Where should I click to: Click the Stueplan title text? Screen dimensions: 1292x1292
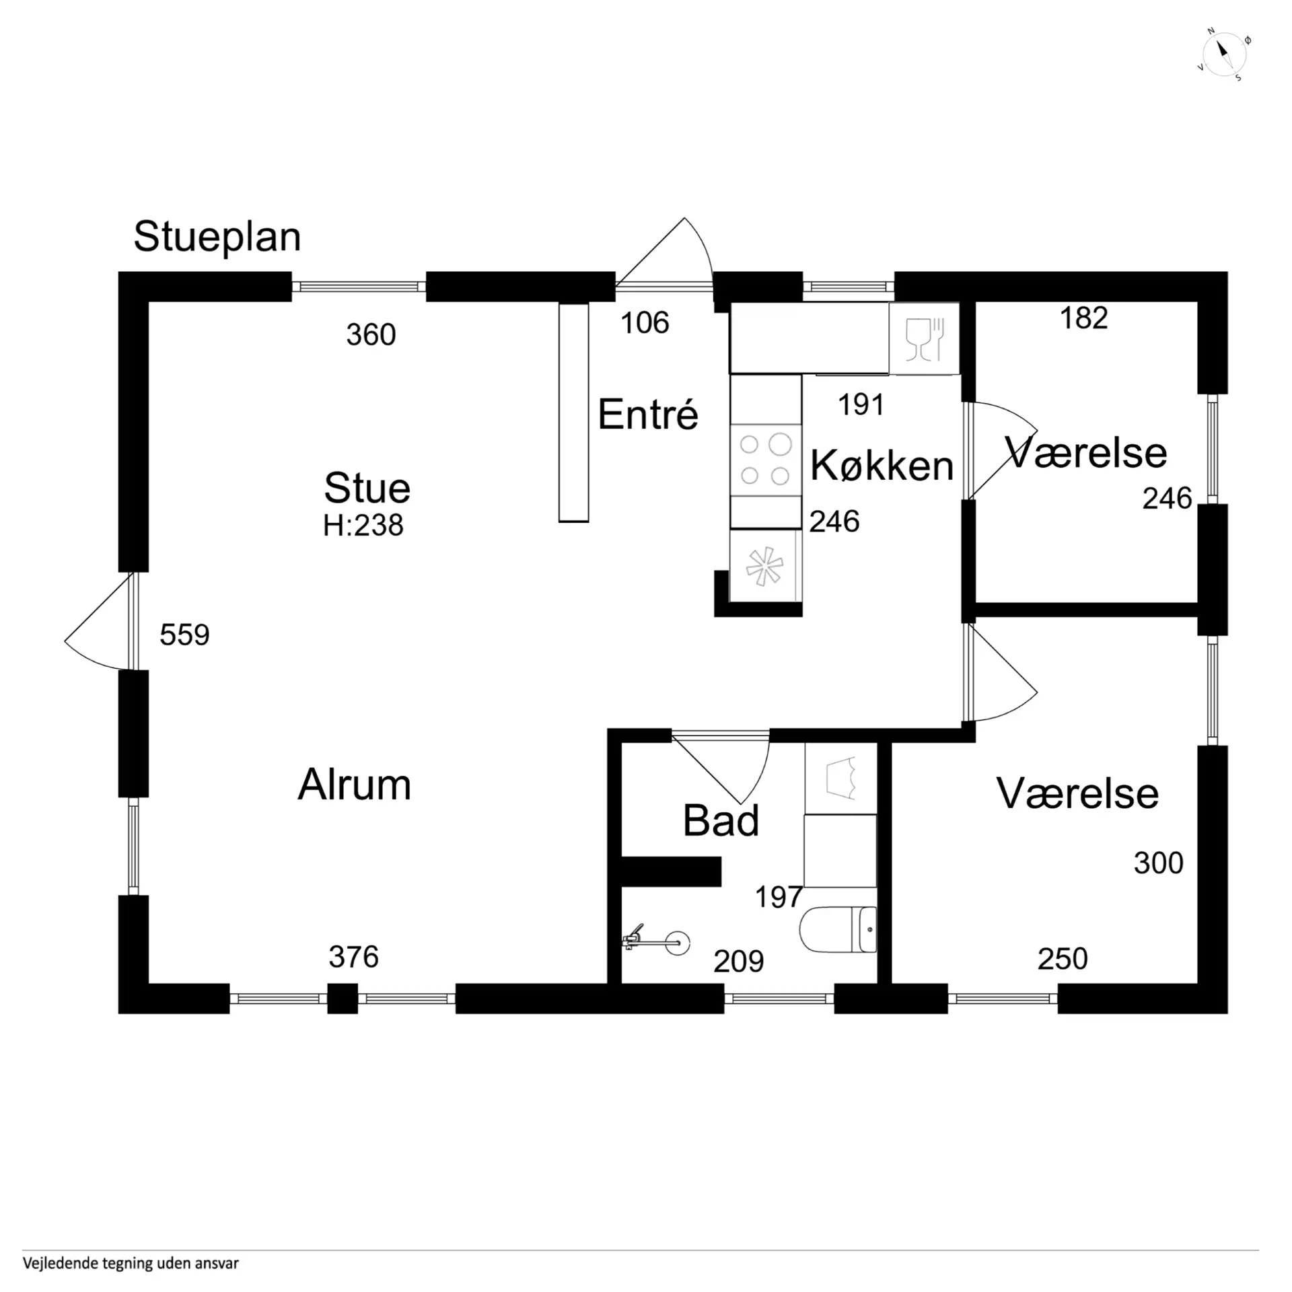pos(217,237)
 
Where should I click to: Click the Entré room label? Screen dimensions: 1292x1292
pos(647,414)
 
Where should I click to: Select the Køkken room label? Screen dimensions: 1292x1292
pos(882,465)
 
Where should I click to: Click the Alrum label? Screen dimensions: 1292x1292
pos(354,785)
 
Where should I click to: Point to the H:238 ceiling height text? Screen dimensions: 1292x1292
pos(363,526)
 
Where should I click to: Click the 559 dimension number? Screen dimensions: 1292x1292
pos(184,635)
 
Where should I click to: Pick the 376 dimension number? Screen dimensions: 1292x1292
pos(353,957)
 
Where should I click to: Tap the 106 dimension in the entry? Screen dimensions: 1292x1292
pos(644,323)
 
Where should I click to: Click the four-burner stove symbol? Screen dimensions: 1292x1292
pos(765,460)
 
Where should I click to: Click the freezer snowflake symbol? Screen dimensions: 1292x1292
pos(764,566)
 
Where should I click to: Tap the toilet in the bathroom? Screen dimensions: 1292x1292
pos(838,929)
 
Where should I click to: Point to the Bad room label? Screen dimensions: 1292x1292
pos(720,820)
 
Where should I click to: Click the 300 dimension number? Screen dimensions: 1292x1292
pos(1158,863)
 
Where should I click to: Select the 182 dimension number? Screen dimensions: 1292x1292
pos(1083,318)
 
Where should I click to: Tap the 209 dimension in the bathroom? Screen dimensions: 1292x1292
pos(738,962)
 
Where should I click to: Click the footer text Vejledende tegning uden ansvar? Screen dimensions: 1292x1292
pos(131,1263)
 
